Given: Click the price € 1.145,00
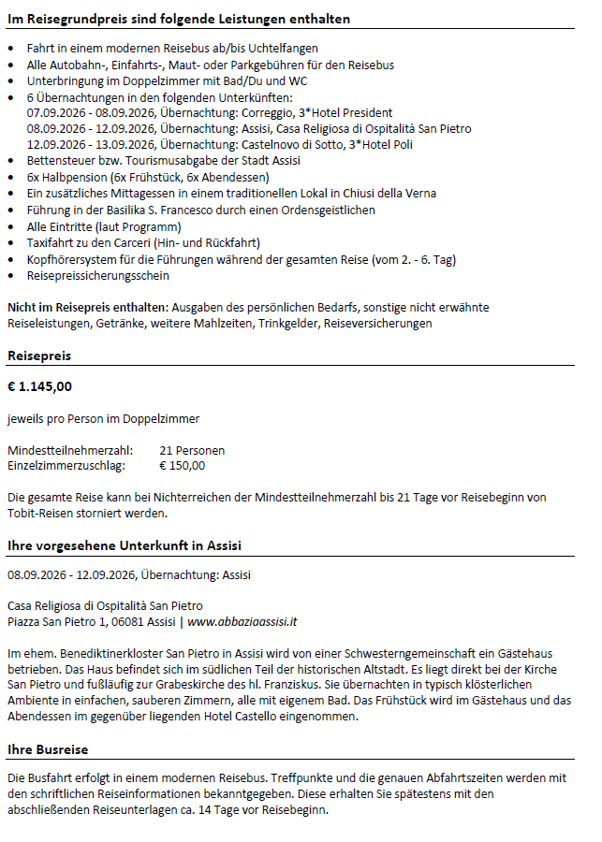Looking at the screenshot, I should pyautogui.click(x=39, y=385).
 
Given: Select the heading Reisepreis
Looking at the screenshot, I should pyautogui.click(x=39, y=356).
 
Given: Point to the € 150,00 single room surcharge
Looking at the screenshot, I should pyautogui.click(x=182, y=465).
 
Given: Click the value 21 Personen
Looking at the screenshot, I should pyautogui.click(x=192, y=450).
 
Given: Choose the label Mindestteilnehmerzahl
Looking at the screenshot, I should pyautogui.click(x=69, y=450).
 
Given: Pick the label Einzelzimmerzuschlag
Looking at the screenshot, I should pyautogui.click(x=66, y=465).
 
